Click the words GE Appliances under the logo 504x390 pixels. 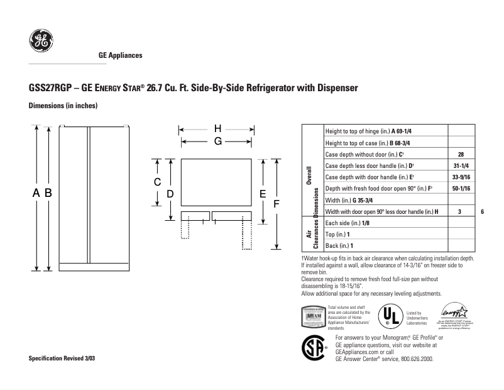click(121, 55)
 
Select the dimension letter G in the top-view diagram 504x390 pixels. click(217, 142)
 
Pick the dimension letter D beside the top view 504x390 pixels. click(170, 194)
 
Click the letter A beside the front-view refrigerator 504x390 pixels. click(36, 194)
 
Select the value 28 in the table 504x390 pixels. click(461, 154)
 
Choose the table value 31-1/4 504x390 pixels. click(461, 165)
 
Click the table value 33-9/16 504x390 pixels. click(461, 177)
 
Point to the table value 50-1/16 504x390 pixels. click(461, 188)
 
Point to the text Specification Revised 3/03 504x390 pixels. click(62, 358)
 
